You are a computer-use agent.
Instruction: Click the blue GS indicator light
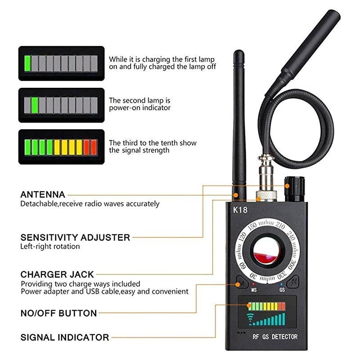[x=281, y=285]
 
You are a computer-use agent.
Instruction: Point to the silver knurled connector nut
[x=265, y=196]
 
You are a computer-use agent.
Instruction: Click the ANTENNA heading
[x=43, y=195]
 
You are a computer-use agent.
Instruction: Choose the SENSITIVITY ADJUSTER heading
[x=75, y=237]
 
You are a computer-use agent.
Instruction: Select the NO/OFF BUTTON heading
[x=58, y=313]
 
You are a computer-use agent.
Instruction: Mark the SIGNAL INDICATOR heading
[x=64, y=337]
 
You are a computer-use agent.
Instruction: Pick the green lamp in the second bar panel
[x=36, y=105]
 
